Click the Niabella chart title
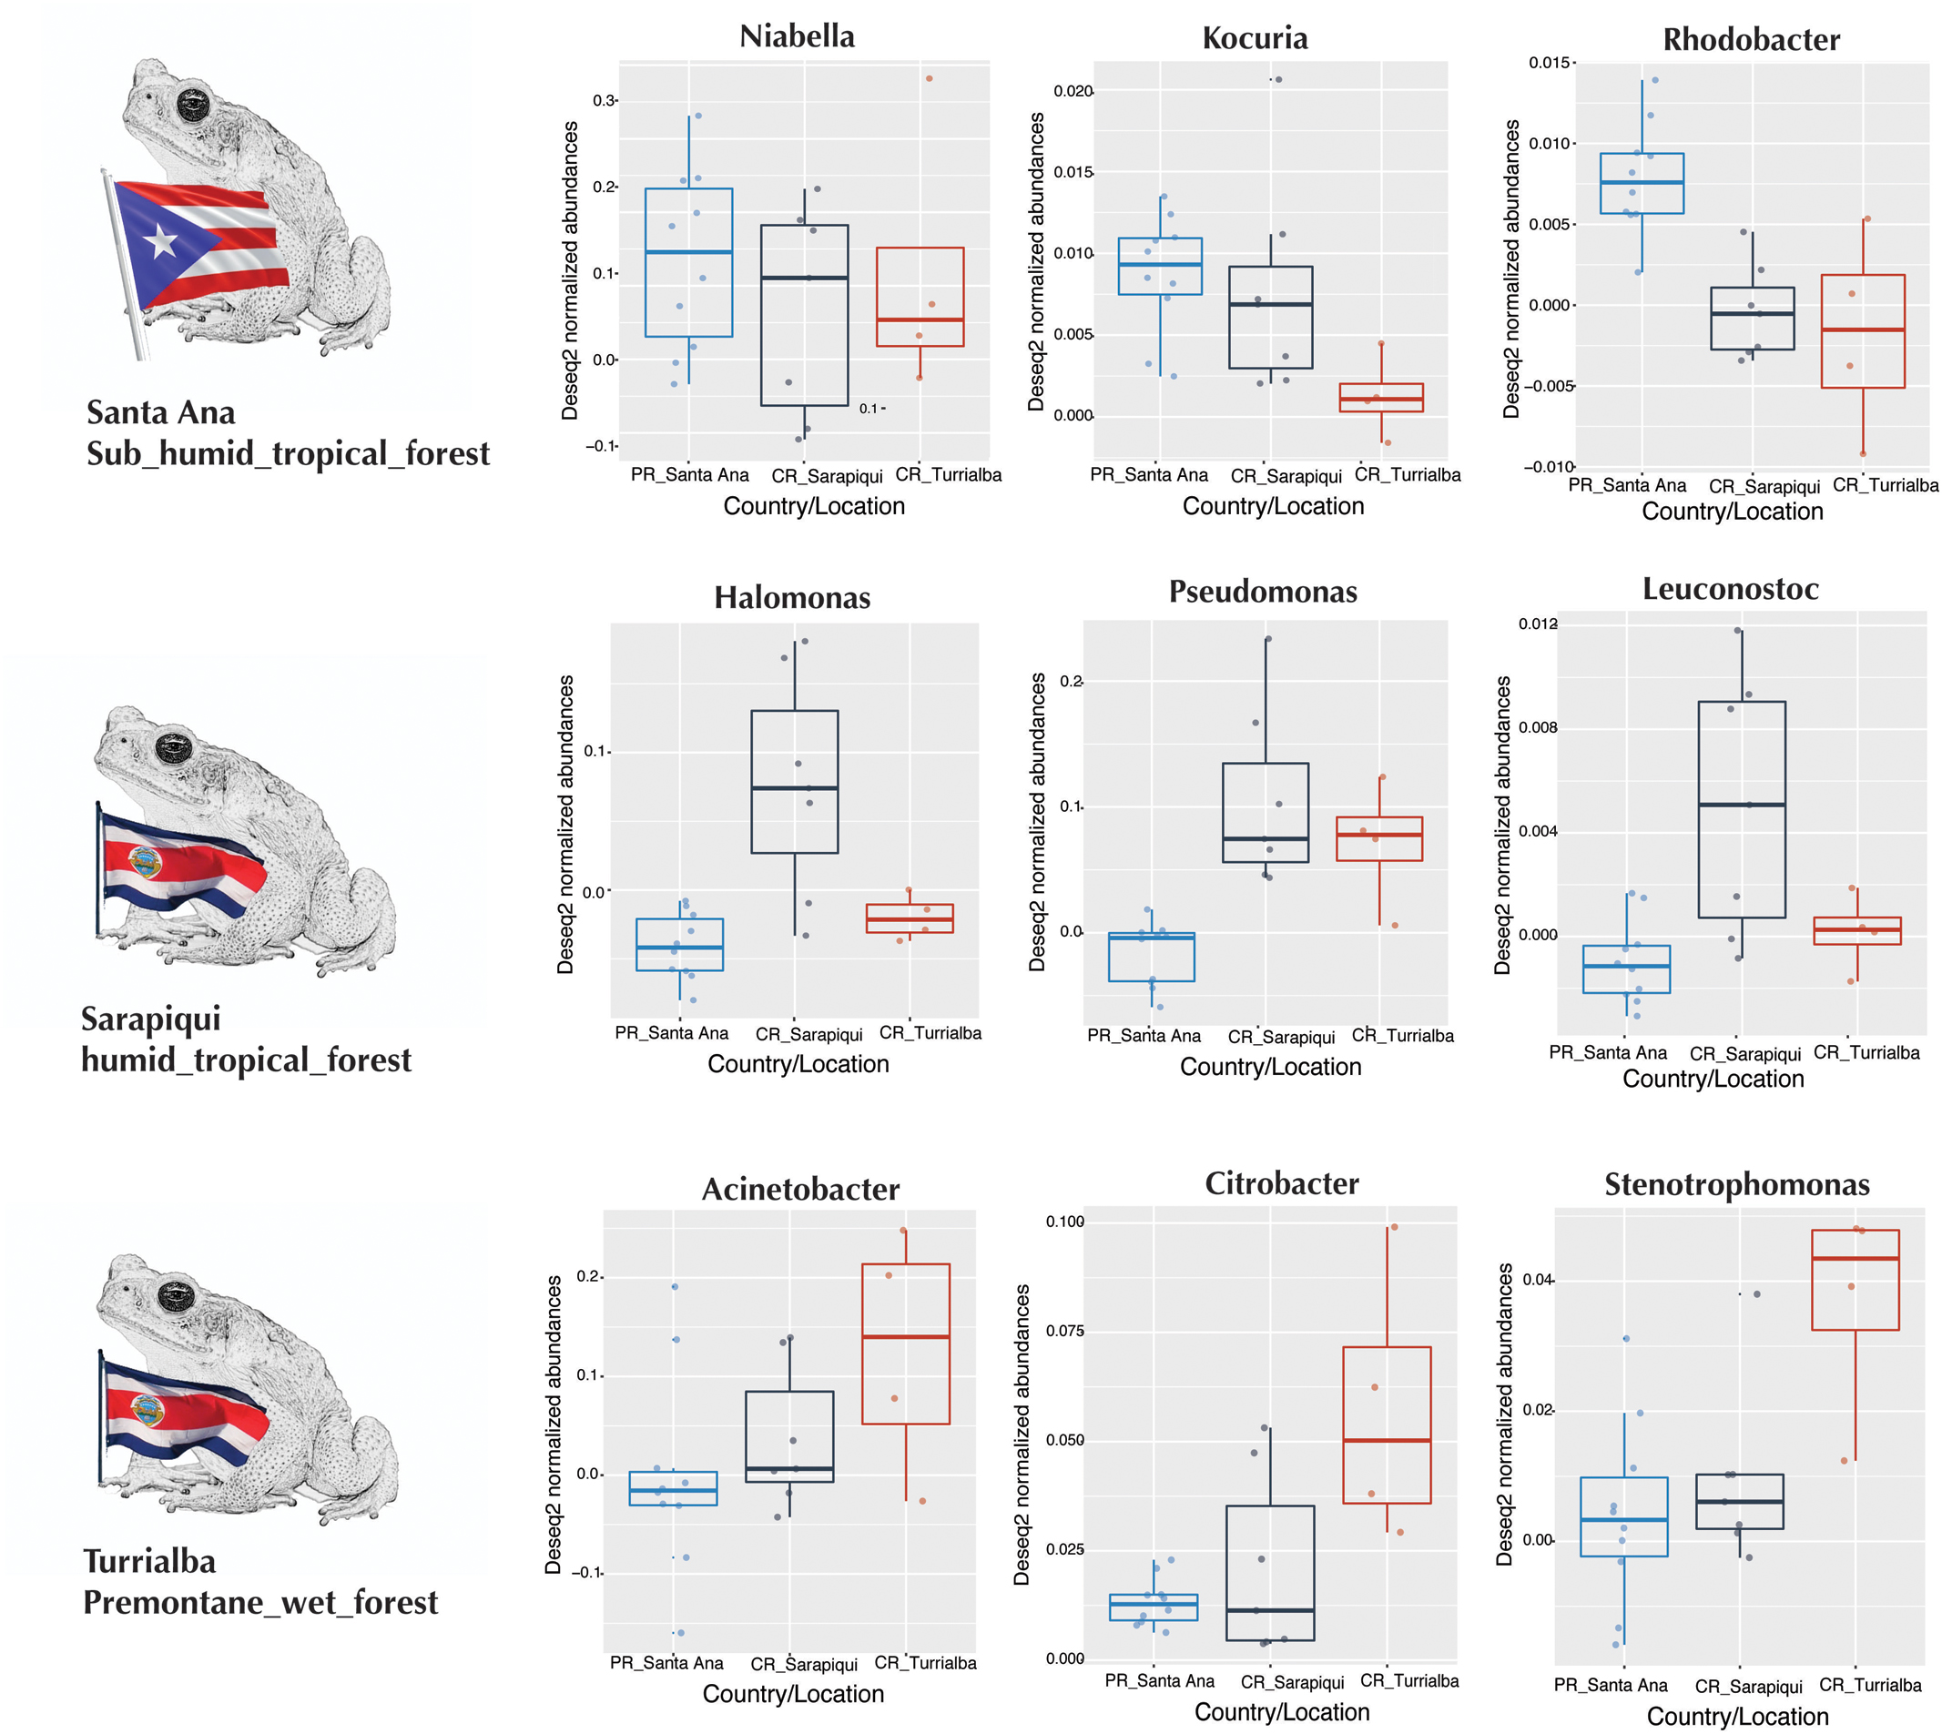point(797,36)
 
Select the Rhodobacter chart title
point(1751,39)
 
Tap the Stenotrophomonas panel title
point(1736,1184)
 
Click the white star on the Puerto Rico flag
point(161,241)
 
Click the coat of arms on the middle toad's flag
point(144,863)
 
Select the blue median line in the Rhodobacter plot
point(1641,182)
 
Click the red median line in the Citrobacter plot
point(1386,1440)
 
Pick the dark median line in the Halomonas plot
point(794,788)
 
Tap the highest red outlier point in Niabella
point(929,78)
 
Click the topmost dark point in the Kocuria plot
point(1278,79)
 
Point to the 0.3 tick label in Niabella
point(605,100)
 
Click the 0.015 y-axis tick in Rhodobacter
point(1550,63)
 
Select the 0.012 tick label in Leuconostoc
point(1537,624)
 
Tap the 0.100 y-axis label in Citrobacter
point(1064,1222)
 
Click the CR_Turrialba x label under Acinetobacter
point(924,1662)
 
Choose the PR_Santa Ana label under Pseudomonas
point(1144,1036)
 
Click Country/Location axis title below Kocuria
point(1272,506)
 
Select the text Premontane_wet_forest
point(260,1602)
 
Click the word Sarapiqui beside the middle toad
point(150,1019)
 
